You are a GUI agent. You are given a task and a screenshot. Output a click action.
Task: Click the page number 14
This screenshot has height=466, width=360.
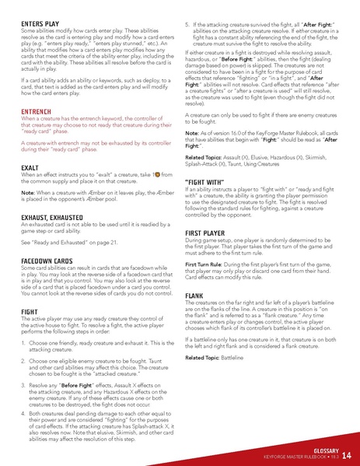point(346,455)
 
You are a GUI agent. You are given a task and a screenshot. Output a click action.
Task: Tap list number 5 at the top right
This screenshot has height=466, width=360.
point(187,25)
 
